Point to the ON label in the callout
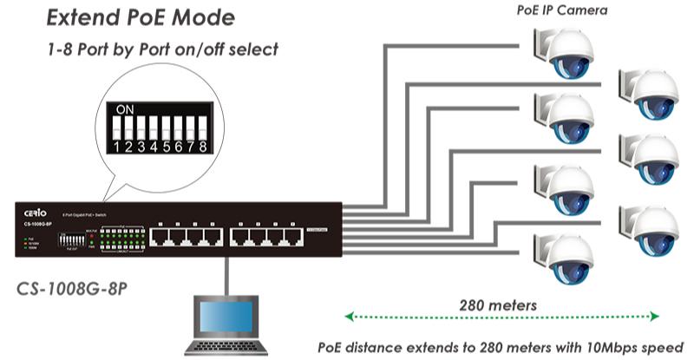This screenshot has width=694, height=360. (x=125, y=110)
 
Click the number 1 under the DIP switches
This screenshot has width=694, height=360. (x=119, y=147)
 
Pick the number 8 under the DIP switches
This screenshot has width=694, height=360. (x=202, y=147)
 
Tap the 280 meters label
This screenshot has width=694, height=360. (x=500, y=304)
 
